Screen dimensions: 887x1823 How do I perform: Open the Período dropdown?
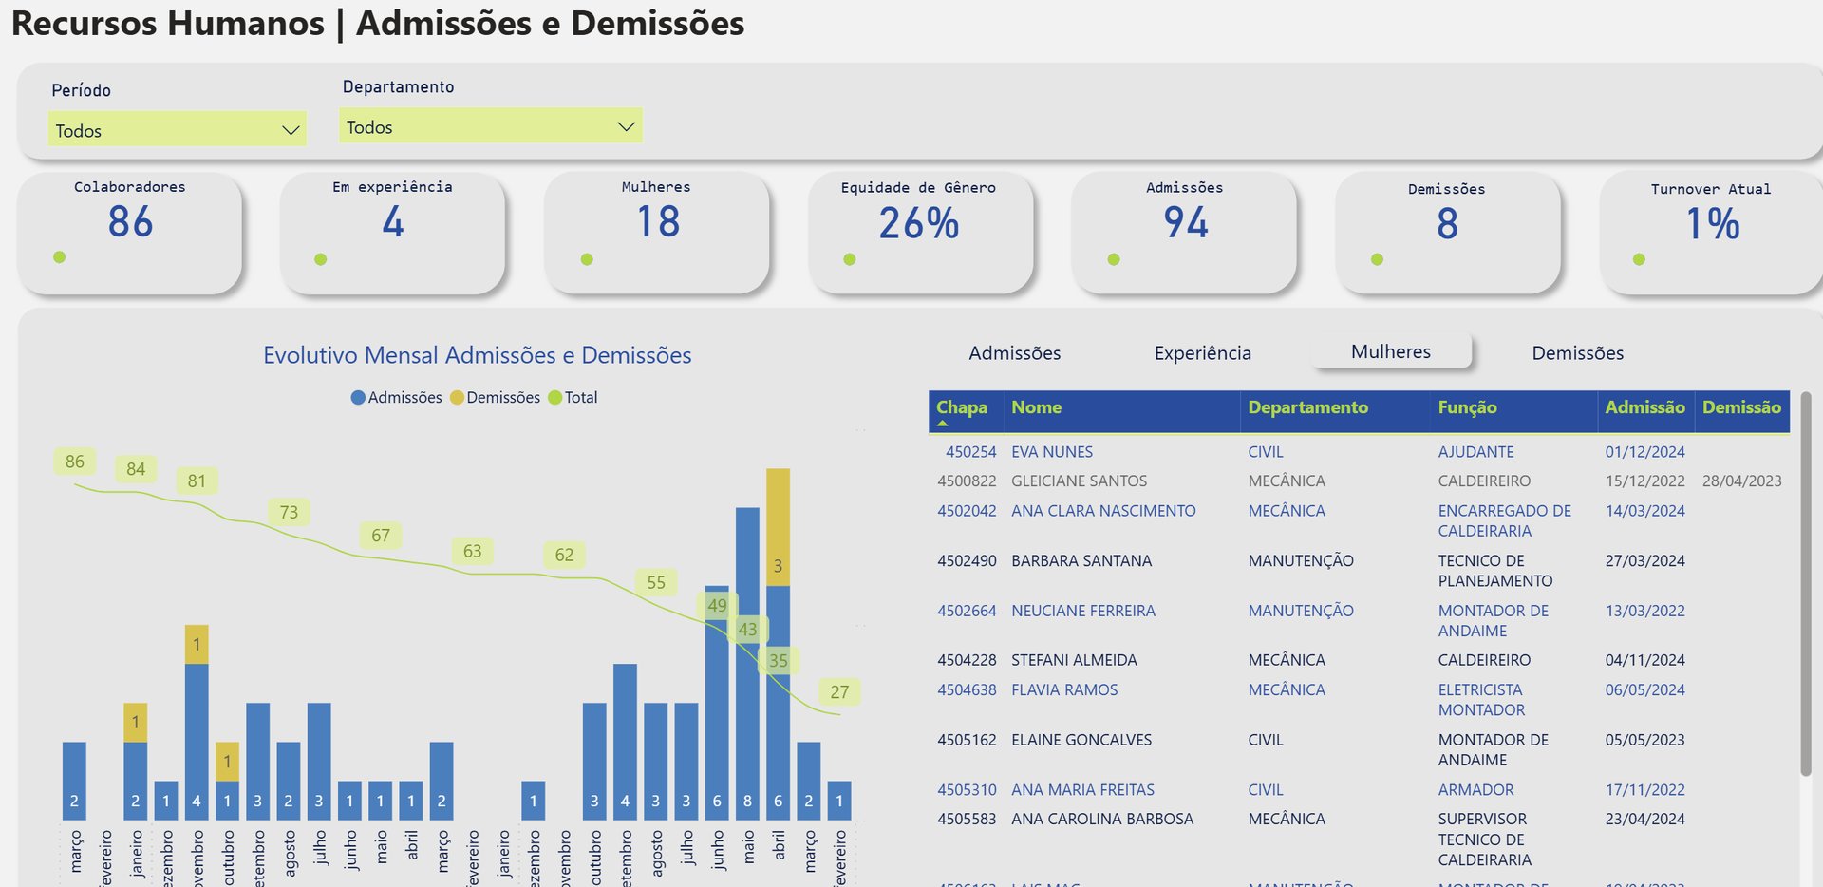pyautogui.click(x=178, y=129)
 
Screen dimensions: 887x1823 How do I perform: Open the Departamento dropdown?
pyautogui.click(x=490, y=125)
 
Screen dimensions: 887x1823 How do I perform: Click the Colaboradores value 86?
pyautogui.click(x=130, y=222)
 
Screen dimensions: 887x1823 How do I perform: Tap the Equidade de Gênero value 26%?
pyautogui.click(x=918, y=224)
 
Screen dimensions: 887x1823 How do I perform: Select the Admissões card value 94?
pyautogui.click(x=1185, y=223)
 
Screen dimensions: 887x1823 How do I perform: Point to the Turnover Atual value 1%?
pyautogui.click(x=1712, y=225)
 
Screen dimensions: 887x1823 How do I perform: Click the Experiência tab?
pyautogui.click(x=1202, y=353)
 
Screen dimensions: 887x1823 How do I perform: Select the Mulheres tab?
pyautogui.click(x=1390, y=352)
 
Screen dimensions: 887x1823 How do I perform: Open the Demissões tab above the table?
pyautogui.click(x=1577, y=353)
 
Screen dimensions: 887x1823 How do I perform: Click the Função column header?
pyautogui.click(x=1467, y=407)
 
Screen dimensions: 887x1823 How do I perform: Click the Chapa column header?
pyautogui.click(x=961, y=407)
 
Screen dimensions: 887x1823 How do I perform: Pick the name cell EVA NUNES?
pyautogui.click(x=1051, y=452)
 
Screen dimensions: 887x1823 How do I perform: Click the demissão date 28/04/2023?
pyautogui.click(x=1741, y=481)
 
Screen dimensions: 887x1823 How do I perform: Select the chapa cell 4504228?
pyautogui.click(x=967, y=660)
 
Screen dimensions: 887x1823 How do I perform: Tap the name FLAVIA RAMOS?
pyautogui.click(x=1063, y=689)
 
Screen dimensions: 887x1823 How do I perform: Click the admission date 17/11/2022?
pyautogui.click(x=1644, y=789)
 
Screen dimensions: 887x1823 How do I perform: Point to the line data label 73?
pyautogui.click(x=289, y=513)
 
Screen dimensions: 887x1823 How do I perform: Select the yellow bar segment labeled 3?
pyautogui.click(x=778, y=527)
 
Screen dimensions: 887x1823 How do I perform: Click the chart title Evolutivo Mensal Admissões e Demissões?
pyautogui.click(x=477, y=355)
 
